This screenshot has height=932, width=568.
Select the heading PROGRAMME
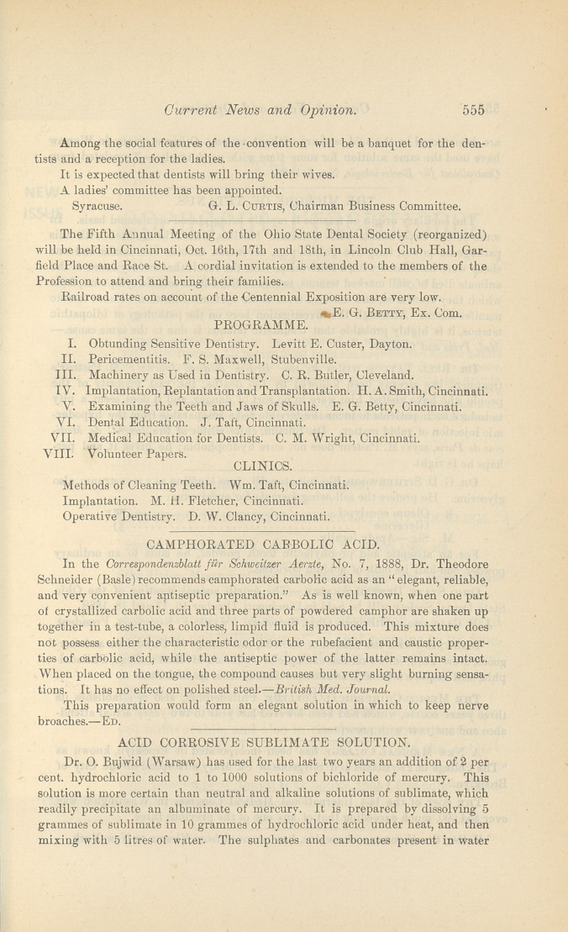coord(253,324)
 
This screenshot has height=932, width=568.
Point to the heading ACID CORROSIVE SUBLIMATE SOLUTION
coord(264,742)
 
